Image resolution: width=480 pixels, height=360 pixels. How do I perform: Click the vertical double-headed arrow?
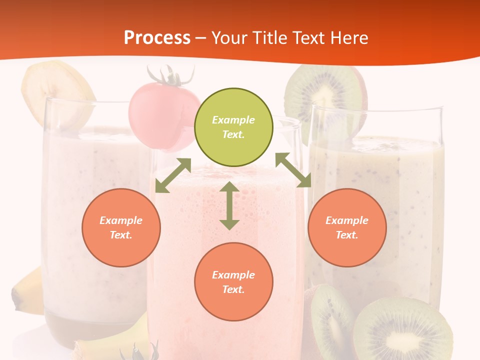pyautogui.click(x=229, y=205)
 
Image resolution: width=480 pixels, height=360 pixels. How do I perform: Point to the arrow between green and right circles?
pyautogui.click(x=293, y=170)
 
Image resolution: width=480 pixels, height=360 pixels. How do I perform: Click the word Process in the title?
pyautogui.click(x=157, y=37)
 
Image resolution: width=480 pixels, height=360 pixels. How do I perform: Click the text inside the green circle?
pyautogui.click(x=233, y=127)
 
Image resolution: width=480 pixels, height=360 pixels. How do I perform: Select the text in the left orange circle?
pyautogui.click(x=121, y=227)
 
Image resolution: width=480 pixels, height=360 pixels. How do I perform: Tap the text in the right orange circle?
pyautogui.click(x=347, y=227)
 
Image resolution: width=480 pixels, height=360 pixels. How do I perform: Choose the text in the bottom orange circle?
pyautogui.click(x=233, y=282)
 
